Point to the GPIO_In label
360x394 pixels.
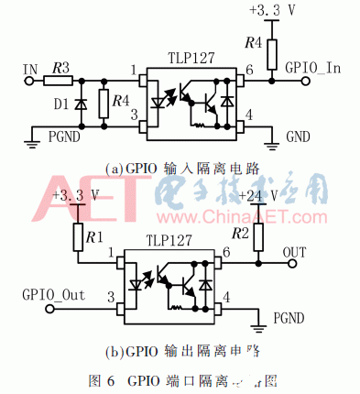coord(314,67)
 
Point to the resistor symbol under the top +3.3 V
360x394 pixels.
coord(270,52)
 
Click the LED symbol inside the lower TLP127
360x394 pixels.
coord(141,282)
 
